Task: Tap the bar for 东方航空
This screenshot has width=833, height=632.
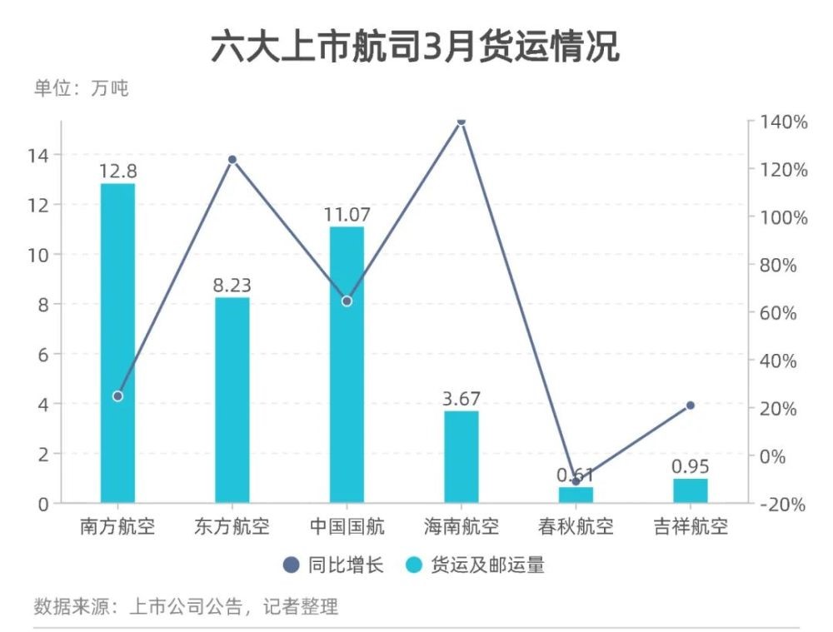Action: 232,400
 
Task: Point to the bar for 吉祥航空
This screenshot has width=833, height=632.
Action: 690,490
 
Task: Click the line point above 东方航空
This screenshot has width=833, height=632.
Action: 232,160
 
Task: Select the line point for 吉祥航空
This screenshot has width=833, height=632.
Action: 690,406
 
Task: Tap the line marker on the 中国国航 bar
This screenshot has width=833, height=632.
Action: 347,301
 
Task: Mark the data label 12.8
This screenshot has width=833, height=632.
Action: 117,172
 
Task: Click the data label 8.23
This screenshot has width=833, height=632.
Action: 232,286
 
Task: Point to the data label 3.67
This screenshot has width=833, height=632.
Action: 461,399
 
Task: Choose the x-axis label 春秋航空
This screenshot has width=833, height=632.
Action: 576,527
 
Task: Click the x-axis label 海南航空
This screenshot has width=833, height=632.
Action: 461,527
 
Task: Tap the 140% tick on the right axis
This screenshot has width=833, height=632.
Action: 783,122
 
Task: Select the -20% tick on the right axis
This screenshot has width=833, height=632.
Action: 783,504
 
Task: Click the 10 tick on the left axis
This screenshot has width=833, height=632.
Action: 39,255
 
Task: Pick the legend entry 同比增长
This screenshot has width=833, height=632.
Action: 333,566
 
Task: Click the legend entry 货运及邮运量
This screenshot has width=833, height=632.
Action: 475,566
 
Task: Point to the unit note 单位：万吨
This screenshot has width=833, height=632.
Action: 81,88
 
